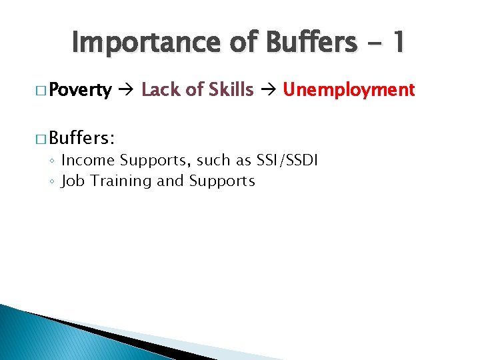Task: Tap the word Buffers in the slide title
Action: pos(307,43)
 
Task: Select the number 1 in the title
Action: pos(398,43)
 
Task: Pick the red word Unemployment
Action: pos(349,89)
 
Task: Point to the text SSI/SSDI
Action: pos(291,161)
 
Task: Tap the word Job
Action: pos(71,181)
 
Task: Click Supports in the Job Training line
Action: pos(222,181)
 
